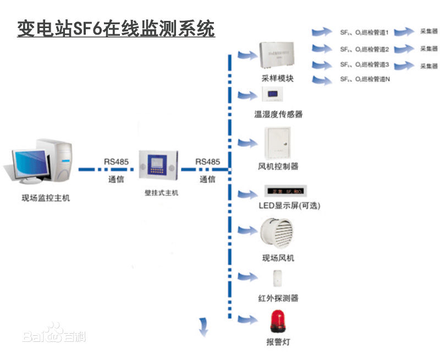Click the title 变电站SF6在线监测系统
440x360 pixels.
tap(116, 28)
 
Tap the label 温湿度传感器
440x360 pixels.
tap(278, 114)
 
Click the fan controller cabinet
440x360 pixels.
tap(278, 143)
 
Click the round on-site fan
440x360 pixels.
tap(278, 233)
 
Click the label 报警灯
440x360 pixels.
tap(278, 342)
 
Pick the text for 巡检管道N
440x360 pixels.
tap(365, 80)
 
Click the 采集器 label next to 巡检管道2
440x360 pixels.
tap(429, 49)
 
